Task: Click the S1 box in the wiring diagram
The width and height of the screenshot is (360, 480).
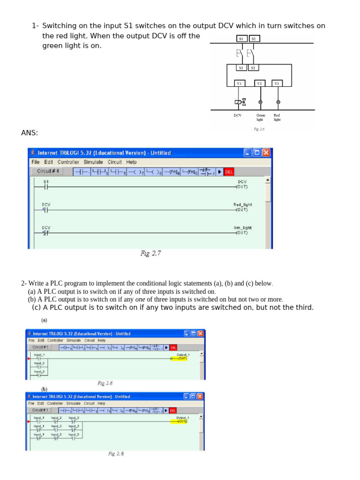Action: pos(241,39)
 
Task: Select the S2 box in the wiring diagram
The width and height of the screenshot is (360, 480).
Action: pos(254,39)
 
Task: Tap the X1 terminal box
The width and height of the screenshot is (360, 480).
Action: pos(241,68)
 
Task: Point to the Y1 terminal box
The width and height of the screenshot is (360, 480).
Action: pos(239,83)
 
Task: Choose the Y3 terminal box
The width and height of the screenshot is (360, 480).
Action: pos(277,83)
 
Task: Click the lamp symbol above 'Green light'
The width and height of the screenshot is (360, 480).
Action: pos(261,102)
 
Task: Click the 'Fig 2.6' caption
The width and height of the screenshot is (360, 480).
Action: pos(259,129)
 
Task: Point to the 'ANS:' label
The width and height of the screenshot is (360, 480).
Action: pos(30,133)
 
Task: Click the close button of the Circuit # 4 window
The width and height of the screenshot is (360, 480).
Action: pos(266,153)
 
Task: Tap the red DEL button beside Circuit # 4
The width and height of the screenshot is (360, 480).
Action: pos(229,172)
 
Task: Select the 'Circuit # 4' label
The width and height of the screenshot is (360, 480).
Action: pos(48,172)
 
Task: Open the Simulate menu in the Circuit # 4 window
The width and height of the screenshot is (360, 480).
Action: pos(93,162)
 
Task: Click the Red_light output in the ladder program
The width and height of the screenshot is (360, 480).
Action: pos(242,207)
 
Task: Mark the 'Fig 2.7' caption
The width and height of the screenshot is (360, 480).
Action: pos(150,254)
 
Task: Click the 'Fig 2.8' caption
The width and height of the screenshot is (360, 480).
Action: pos(105,383)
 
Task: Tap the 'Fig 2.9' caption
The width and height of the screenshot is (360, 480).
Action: pos(116,454)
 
